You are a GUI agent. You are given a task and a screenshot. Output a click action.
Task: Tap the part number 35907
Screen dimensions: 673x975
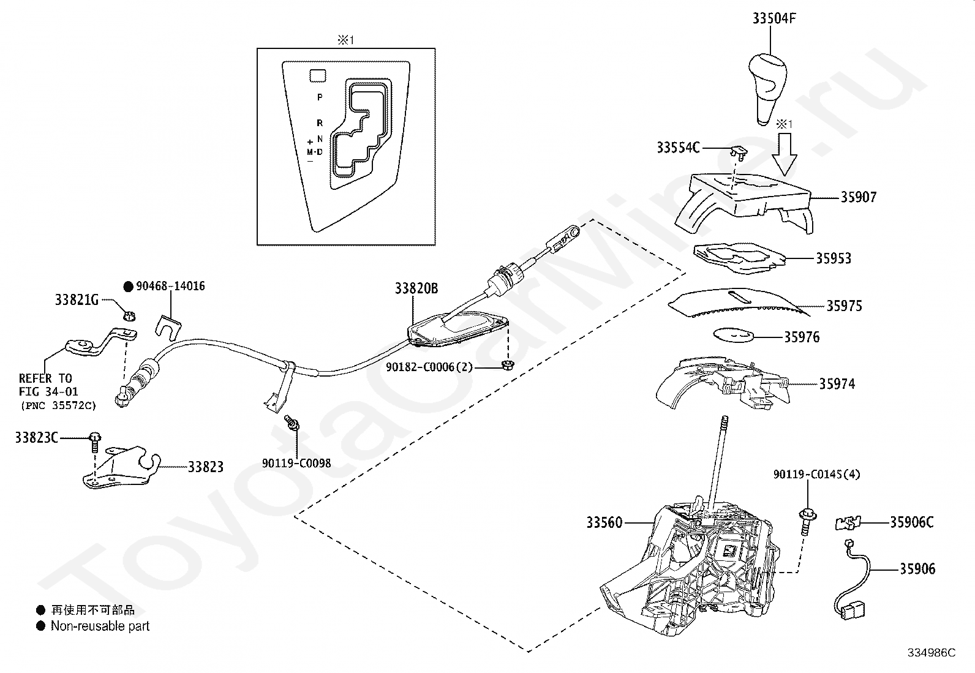pos(858,197)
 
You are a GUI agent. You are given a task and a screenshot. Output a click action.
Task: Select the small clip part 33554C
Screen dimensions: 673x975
pos(740,151)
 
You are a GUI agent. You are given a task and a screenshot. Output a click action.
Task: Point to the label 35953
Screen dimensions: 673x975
pos(833,258)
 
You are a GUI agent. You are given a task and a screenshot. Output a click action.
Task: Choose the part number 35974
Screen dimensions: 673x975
pos(837,384)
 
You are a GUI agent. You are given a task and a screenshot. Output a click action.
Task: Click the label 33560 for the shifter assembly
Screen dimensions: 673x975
pos(604,522)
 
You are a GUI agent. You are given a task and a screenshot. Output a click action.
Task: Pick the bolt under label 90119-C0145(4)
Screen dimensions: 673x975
pos(807,520)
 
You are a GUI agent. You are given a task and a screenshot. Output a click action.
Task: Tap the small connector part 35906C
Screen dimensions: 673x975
pos(847,523)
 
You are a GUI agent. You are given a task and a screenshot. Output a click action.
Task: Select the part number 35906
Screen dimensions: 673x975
pos(917,569)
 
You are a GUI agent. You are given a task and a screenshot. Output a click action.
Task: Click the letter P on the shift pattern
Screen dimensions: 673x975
pos(320,97)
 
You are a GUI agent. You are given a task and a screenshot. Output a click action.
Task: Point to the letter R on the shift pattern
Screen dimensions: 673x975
pos(320,123)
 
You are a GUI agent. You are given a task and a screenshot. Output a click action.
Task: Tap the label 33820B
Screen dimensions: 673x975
pos(416,288)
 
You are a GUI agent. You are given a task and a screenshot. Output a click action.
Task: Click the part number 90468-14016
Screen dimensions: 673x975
pos(170,286)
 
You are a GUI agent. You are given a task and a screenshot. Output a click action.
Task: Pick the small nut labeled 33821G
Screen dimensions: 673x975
pos(129,316)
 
